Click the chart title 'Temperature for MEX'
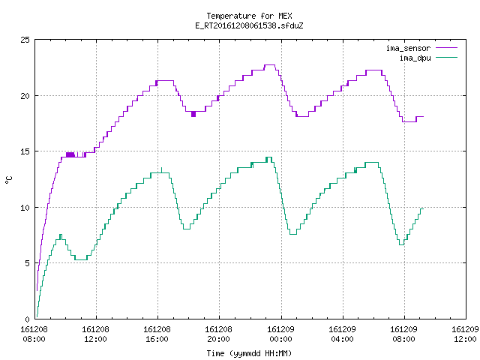[249, 16]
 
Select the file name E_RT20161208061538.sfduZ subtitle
[249, 25]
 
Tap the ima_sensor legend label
[408, 48]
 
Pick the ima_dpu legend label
[415, 58]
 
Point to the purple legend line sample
[447, 48]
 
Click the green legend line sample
[447, 57]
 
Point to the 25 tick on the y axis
[25, 40]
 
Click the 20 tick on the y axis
[25, 96]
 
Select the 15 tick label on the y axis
[25, 151]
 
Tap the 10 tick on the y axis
[25, 208]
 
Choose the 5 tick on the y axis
[28, 263]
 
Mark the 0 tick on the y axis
[28, 319]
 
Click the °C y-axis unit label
[8, 180]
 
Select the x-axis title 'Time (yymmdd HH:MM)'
[249, 353]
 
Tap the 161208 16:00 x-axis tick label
[157, 334]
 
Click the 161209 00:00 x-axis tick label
[280, 334]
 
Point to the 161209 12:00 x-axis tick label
[465, 334]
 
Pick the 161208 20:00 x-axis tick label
[218, 334]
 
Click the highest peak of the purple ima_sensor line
[270, 65]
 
